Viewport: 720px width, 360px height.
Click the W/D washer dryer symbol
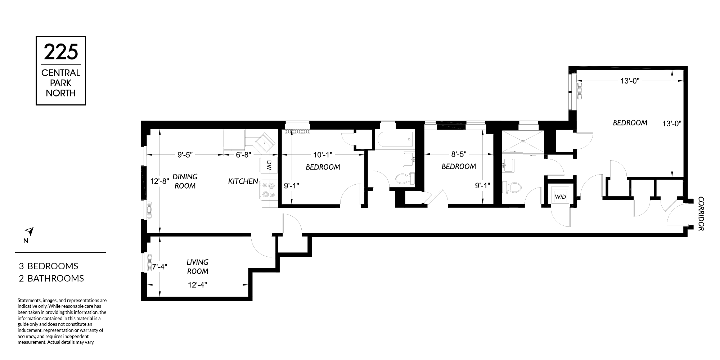(560, 197)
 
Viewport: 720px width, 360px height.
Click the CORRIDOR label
(701, 213)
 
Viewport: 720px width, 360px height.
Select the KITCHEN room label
(243, 181)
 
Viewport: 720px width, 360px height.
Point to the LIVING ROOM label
(197, 267)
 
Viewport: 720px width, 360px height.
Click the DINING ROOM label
(185, 181)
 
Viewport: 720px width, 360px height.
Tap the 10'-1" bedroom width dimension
(323, 155)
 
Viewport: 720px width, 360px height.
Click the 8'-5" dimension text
(459, 154)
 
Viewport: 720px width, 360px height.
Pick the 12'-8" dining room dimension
(159, 181)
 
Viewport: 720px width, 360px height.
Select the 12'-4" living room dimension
(197, 285)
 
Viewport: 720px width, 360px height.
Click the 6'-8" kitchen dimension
(243, 155)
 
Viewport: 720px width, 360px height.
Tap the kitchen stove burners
(268, 190)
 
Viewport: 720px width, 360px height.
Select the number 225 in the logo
(61, 52)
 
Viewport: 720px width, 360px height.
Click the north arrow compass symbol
(29, 231)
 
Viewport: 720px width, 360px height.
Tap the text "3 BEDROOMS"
(49, 266)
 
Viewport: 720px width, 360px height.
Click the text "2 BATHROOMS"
(51, 278)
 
